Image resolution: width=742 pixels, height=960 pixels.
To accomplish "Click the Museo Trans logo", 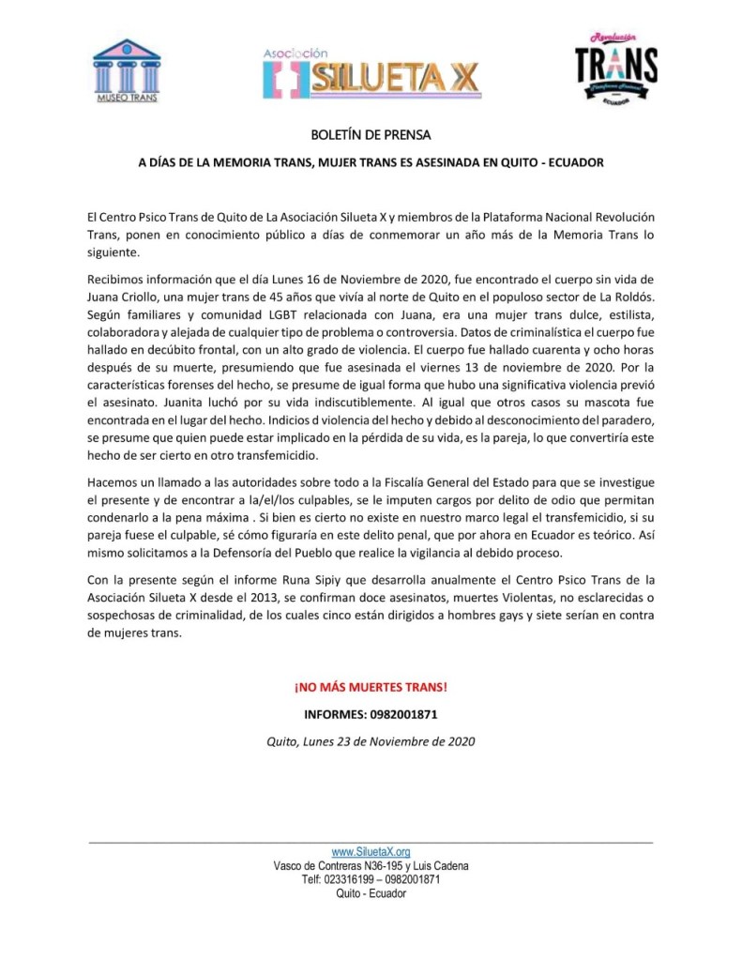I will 127,70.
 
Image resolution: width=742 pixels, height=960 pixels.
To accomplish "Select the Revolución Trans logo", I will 615,69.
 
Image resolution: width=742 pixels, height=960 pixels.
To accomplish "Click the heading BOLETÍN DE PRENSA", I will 371,134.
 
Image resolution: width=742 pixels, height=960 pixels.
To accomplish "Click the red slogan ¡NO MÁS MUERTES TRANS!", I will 371,687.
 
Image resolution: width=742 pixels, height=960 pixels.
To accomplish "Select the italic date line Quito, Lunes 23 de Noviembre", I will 371,741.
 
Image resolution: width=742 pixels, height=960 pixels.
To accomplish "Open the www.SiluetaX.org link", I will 371,852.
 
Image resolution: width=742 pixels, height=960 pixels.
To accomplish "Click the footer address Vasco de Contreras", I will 371,866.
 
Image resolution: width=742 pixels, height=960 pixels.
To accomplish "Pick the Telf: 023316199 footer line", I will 371,880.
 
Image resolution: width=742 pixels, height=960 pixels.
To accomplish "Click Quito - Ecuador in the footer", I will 371,894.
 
